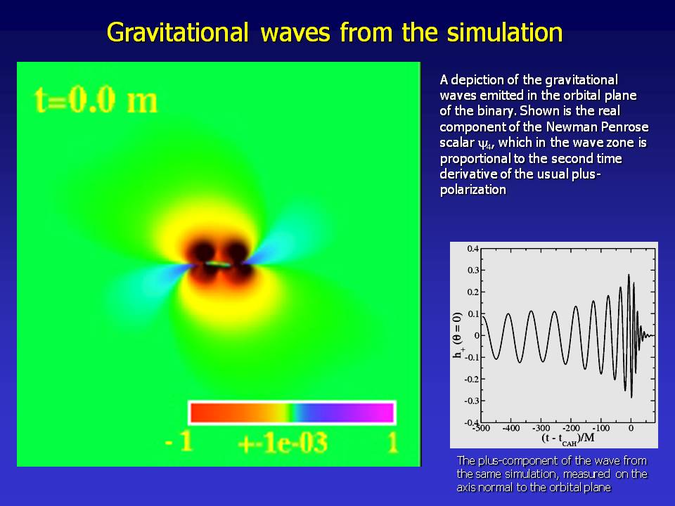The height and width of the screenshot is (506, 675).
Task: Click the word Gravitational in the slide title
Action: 177,33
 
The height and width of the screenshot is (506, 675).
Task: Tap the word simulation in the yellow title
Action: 505,32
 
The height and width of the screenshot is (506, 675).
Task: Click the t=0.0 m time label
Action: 96,100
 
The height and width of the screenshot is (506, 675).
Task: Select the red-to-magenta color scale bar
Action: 292,413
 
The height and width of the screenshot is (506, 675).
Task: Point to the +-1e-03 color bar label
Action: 283,442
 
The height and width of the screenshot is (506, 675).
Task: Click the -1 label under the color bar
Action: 179,441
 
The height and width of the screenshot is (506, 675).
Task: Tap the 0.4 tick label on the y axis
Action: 472,249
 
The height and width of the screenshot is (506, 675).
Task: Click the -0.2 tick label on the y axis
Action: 471,379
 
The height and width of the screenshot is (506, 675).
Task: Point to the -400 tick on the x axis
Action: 510,428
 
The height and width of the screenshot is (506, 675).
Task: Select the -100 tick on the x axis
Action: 600,428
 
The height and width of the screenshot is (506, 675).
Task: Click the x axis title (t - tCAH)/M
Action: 568,439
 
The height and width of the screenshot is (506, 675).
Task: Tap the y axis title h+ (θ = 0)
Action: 458,335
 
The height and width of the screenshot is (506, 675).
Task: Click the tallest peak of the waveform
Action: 629,275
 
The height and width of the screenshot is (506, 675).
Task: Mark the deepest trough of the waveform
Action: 631,396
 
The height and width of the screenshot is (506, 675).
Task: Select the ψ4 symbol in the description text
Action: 487,143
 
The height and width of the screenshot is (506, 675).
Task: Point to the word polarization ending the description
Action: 472,190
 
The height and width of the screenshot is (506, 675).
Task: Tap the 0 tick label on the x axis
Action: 631,428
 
